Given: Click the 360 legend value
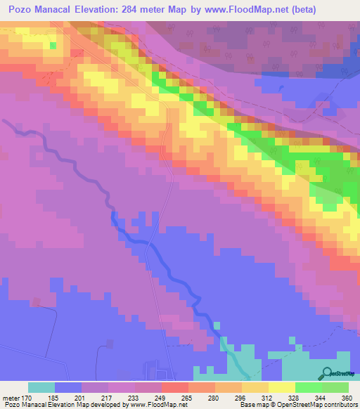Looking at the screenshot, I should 347,398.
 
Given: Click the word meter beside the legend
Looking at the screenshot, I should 11,398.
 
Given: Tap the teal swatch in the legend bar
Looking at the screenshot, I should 41,387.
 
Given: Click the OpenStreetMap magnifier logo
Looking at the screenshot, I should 328,372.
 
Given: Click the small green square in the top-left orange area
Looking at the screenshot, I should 53,46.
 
